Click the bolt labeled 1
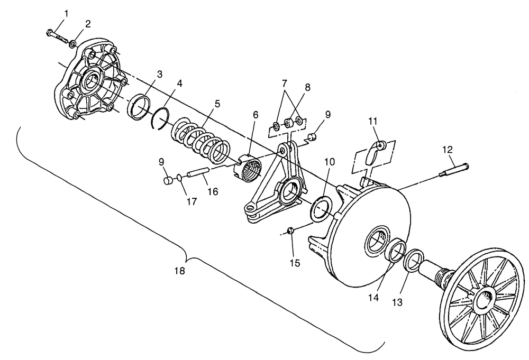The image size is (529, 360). (x=57, y=37)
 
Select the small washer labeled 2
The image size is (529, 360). (x=72, y=44)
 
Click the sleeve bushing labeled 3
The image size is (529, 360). (x=139, y=107)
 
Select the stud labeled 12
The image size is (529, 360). (x=454, y=169)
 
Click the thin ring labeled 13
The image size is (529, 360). (x=414, y=261)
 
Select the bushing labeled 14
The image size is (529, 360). (x=395, y=251)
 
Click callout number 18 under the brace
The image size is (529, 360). (x=180, y=270)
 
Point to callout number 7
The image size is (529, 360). (x=285, y=82)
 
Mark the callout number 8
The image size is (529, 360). (x=307, y=87)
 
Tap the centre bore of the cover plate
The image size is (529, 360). (x=90, y=81)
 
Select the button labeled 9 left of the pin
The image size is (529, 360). (x=168, y=180)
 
